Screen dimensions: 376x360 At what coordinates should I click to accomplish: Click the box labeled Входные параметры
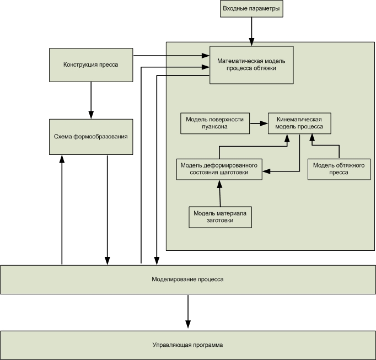coord(251,9)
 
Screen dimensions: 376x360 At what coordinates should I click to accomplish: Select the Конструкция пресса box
coord(91,65)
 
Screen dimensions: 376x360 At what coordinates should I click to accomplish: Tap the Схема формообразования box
coord(91,137)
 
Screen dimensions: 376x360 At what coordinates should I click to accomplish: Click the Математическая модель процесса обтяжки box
coord(251,65)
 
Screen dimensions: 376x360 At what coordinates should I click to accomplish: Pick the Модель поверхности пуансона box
coord(215,123)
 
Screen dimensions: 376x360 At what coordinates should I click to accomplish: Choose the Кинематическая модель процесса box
coord(299,123)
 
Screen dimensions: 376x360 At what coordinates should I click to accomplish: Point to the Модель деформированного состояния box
coord(219,169)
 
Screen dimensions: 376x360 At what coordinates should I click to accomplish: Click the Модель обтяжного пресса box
coord(339,169)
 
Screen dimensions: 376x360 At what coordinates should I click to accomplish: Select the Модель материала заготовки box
coord(220,217)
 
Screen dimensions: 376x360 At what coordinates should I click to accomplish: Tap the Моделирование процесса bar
coord(188,280)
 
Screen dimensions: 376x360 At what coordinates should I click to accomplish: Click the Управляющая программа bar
coord(188,345)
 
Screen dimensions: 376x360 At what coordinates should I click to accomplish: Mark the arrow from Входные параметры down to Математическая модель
coord(251,31)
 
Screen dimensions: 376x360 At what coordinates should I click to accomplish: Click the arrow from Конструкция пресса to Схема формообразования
coord(91,100)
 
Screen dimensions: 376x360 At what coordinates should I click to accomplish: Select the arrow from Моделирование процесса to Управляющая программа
coord(188,311)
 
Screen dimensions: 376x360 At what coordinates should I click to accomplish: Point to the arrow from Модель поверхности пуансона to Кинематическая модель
coord(259,123)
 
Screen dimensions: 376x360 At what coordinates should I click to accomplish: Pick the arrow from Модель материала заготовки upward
coord(220,194)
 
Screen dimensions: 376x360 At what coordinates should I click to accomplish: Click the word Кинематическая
coord(299,120)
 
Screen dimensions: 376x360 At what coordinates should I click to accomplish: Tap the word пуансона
coord(214,127)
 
